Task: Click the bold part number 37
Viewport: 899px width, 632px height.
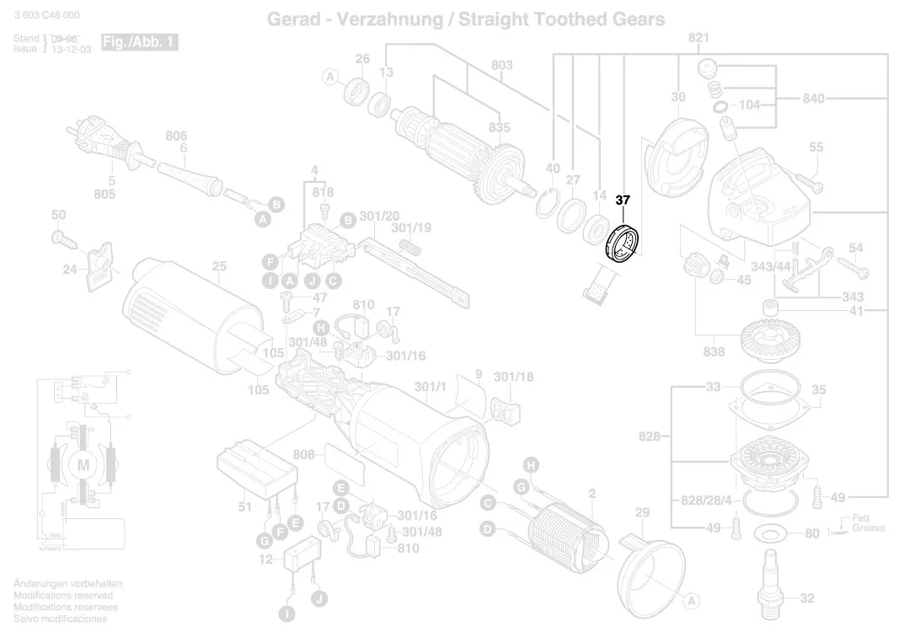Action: point(623,201)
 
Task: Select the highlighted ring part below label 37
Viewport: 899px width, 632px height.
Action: point(623,245)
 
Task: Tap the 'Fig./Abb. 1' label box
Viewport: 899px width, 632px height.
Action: point(139,42)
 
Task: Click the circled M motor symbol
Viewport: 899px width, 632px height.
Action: point(83,464)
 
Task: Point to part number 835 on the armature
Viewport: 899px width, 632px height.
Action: point(500,128)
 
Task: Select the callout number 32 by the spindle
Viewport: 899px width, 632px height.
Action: point(807,598)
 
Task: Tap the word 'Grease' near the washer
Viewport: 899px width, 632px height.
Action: point(868,528)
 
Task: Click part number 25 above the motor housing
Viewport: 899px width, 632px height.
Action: point(219,268)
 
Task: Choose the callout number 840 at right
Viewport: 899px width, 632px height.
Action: point(813,99)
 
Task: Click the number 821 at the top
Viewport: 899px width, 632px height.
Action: point(698,38)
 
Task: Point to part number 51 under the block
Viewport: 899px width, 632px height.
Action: point(244,506)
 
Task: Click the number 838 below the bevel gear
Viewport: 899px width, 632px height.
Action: point(714,351)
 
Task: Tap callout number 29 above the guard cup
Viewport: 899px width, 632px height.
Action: point(642,513)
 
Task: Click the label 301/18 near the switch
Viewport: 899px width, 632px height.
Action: point(513,377)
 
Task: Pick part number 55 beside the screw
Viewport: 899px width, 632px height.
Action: point(816,147)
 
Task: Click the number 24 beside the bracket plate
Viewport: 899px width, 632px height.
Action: point(69,270)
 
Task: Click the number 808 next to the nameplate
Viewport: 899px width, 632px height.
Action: point(304,455)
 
